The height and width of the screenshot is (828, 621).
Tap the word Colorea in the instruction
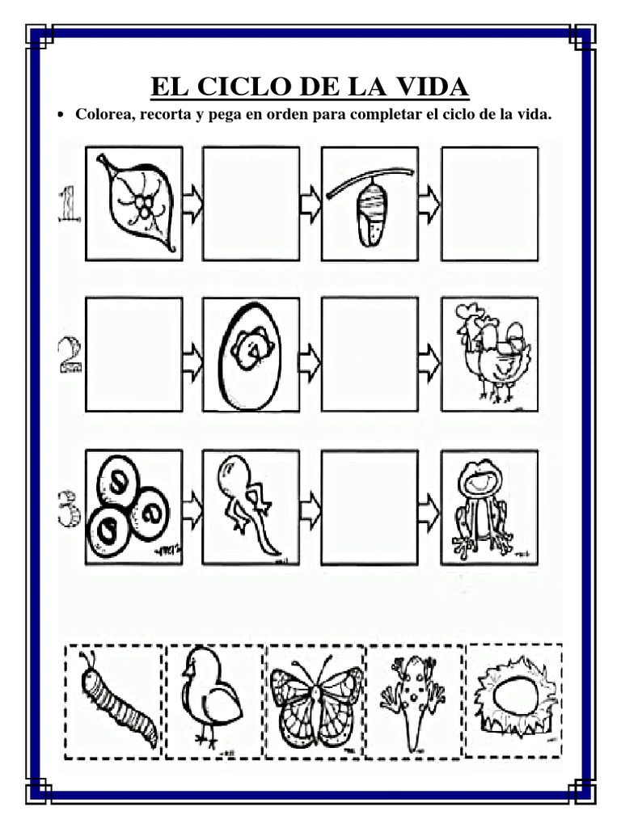104,115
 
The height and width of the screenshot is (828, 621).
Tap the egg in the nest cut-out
514,696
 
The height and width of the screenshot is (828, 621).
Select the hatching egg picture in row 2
251,354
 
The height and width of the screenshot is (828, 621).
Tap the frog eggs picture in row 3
133,507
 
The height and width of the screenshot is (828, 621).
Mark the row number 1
69,203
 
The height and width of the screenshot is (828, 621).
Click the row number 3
68,507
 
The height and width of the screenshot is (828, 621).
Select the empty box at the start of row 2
133,354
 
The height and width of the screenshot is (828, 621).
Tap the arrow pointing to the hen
429,356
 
